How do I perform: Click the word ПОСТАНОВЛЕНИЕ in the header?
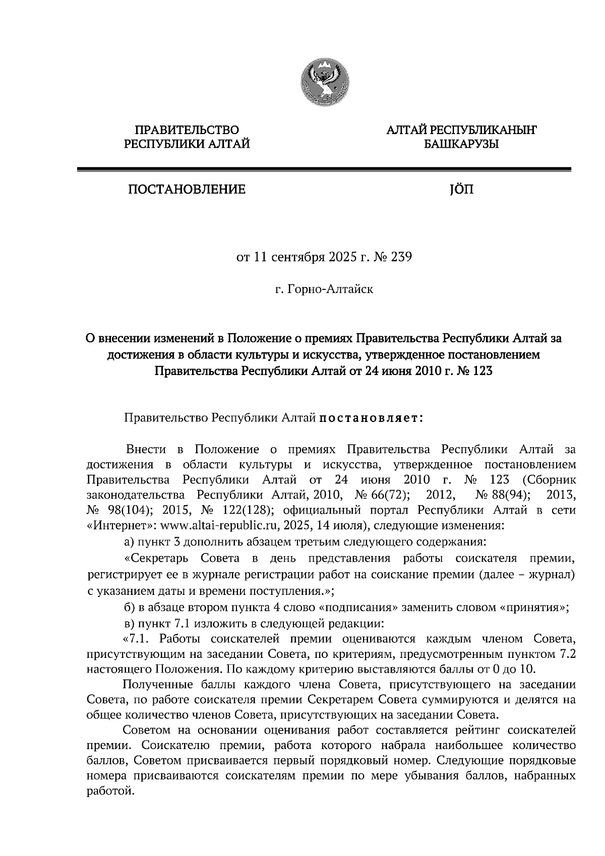coord(187,190)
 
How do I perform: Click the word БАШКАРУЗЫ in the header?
coord(461,145)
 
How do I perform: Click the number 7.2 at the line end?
coord(567,655)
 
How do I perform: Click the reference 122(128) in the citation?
coord(247,510)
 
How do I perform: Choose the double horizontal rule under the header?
coord(324,170)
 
